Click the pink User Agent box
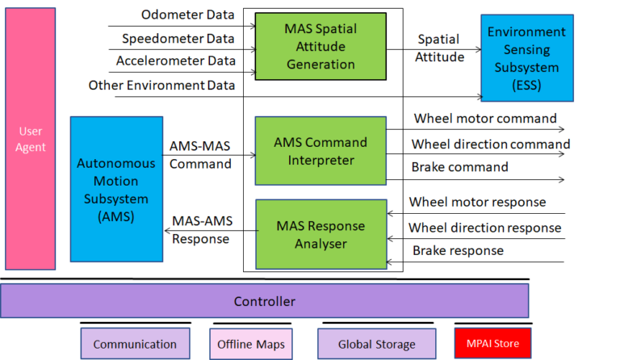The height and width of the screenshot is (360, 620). point(31,140)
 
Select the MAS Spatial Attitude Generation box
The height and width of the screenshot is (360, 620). point(320,47)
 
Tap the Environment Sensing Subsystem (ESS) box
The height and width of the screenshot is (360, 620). point(526,58)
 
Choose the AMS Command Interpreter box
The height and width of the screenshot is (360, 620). point(320,151)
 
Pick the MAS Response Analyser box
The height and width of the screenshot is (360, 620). point(320,233)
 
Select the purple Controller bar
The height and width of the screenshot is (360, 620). point(264,301)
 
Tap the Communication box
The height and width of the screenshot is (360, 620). point(135,344)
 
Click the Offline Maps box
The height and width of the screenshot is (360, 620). point(250,344)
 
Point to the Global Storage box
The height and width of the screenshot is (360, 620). point(376,344)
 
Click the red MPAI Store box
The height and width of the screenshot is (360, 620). point(492,343)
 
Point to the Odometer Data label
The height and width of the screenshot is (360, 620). point(187,15)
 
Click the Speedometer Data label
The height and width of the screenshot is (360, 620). point(178,38)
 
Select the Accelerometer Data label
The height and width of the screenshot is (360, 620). point(175,61)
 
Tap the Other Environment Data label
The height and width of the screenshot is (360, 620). point(161,85)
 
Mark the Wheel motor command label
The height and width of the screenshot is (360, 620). point(485,119)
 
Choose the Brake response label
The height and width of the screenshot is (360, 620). point(458,250)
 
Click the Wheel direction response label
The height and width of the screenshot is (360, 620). point(484,227)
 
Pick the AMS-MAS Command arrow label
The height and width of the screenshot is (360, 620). point(201,154)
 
